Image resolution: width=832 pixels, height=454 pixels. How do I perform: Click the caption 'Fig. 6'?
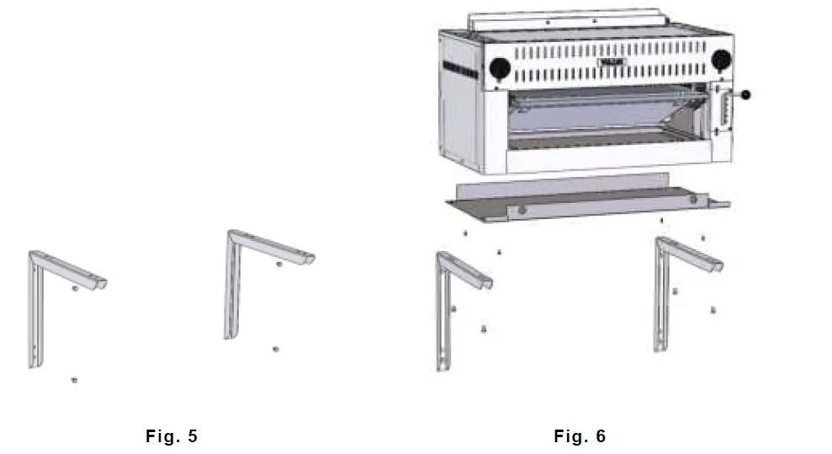pos(579,435)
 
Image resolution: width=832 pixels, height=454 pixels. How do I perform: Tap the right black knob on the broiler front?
pos(721,61)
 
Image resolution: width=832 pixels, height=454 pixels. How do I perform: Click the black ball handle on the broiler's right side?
pos(745,94)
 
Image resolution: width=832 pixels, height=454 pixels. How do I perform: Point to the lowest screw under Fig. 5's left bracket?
pos(75,381)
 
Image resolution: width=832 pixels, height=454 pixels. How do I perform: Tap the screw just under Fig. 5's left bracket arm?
pos(75,289)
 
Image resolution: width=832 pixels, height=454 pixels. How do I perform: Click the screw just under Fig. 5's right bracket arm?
pos(279,264)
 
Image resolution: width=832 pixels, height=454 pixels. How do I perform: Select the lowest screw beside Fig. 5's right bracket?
pos(276,349)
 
